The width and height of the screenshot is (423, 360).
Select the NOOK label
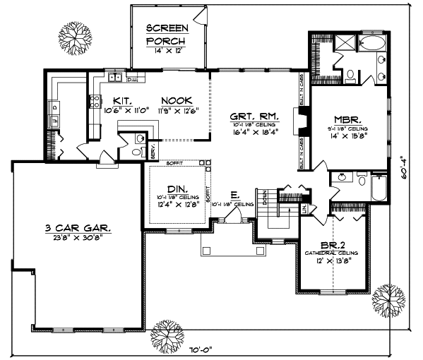(172, 100)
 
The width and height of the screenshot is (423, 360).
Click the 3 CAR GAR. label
(78, 227)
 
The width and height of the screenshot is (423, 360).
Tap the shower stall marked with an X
(344, 44)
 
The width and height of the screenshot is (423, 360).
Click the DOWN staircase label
(266, 198)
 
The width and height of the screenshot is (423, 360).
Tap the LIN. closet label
(305, 210)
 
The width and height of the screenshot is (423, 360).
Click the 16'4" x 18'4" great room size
(255, 131)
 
